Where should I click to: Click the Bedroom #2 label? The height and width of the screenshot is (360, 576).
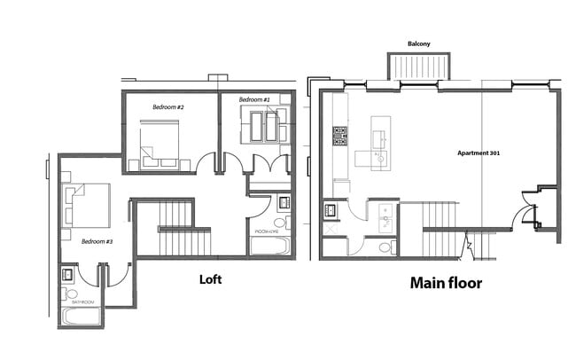(167, 107)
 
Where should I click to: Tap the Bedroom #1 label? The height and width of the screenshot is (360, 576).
(254, 101)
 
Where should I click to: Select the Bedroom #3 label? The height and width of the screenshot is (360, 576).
(97, 240)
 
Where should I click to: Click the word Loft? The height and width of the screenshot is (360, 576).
(210, 279)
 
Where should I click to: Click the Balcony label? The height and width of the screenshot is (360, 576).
(419, 43)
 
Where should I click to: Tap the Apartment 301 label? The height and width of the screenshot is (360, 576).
(479, 153)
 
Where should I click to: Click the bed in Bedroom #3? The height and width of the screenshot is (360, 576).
(86, 205)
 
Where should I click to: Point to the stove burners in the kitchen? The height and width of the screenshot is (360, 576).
(339, 136)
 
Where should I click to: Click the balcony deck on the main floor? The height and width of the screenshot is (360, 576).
(419, 67)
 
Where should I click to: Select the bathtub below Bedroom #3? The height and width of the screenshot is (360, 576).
(82, 317)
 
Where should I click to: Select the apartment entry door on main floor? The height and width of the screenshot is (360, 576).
(528, 210)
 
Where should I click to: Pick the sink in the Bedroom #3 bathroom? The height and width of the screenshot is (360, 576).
(68, 274)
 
